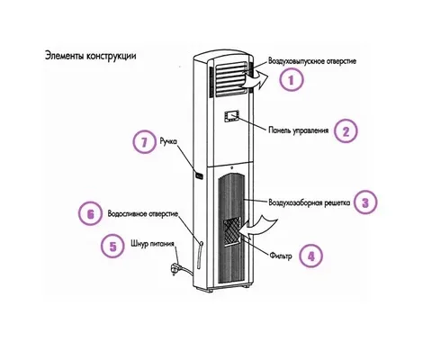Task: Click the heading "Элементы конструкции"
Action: (90, 56)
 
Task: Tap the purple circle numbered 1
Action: (291, 80)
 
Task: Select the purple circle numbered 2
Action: (346, 131)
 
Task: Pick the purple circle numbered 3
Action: (365, 202)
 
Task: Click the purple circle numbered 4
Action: (311, 256)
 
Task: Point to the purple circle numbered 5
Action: (112, 247)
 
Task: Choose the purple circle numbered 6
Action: (91, 214)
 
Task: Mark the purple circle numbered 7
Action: (145, 142)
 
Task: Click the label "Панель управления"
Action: (298, 130)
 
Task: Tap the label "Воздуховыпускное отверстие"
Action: (312, 61)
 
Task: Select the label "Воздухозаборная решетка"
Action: (309, 202)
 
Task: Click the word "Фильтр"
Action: (281, 256)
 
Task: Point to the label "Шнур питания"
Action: (152, 243)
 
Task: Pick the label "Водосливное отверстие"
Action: (143, 214)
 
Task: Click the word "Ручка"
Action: (168, 141)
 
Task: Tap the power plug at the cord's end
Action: (175, 267)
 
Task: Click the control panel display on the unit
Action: (231, 116)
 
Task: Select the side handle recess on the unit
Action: (199, 175)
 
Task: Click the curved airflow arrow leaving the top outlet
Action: (255, 81)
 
